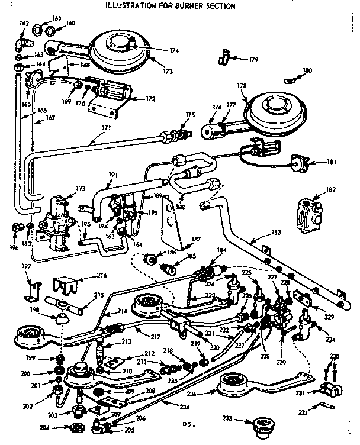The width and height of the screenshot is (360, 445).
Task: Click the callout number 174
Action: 173,51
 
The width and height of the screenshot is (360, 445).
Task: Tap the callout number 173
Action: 168,72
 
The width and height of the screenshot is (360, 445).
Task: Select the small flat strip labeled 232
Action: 322,406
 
